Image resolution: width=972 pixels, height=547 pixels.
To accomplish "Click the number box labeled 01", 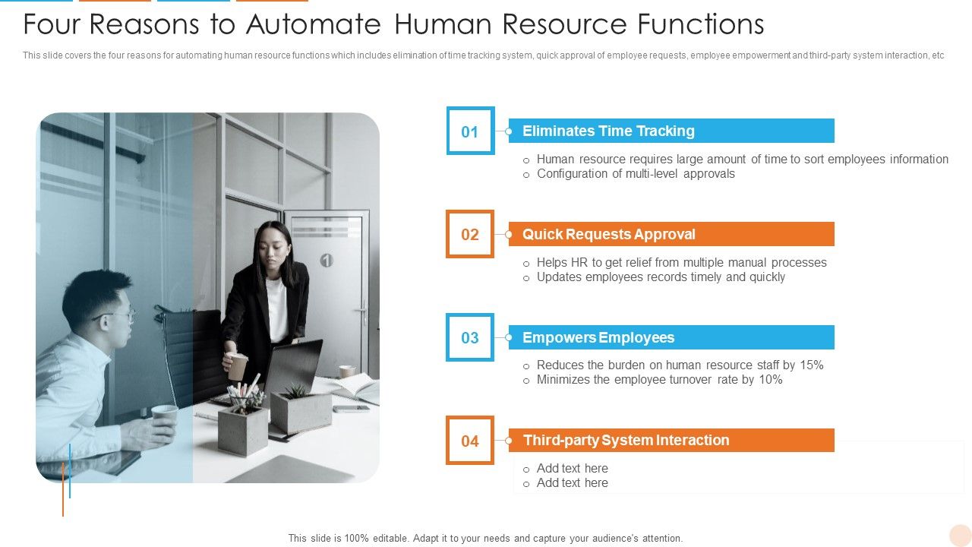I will [x=470, y=131].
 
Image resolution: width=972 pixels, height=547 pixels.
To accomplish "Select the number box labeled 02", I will [x=470, y=234].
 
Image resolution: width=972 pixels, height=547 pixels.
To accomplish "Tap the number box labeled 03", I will [x=470, y=337].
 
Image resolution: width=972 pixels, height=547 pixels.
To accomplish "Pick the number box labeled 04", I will [x=470, y=441].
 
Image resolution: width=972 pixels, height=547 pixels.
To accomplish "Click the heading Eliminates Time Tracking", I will [x=608, y=131].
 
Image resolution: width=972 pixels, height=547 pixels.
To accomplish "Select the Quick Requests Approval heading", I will [x=608, y=234].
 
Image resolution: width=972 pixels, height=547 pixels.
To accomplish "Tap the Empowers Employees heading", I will [x=598, y=337].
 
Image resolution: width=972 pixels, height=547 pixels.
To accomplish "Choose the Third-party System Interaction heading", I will [x=626, y=441].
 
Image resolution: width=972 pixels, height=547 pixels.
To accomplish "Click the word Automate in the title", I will [x=313, y=25].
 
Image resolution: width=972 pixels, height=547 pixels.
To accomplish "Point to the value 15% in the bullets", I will [x=811, y=365].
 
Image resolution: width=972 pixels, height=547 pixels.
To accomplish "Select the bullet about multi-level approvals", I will [x=636, y=174].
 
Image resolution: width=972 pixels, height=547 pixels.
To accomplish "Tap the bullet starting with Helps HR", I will [x=681, y=263].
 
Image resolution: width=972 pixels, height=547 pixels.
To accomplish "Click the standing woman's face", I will [x=273, y=244].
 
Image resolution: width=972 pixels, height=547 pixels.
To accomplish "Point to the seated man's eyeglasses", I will [x=117, y=314].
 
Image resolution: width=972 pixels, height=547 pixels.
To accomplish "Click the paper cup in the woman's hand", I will [x=238, y=365].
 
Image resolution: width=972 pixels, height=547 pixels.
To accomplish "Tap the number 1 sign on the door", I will [x=327, y=261].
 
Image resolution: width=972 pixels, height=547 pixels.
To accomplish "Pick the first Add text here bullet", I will [x=572, y=469].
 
